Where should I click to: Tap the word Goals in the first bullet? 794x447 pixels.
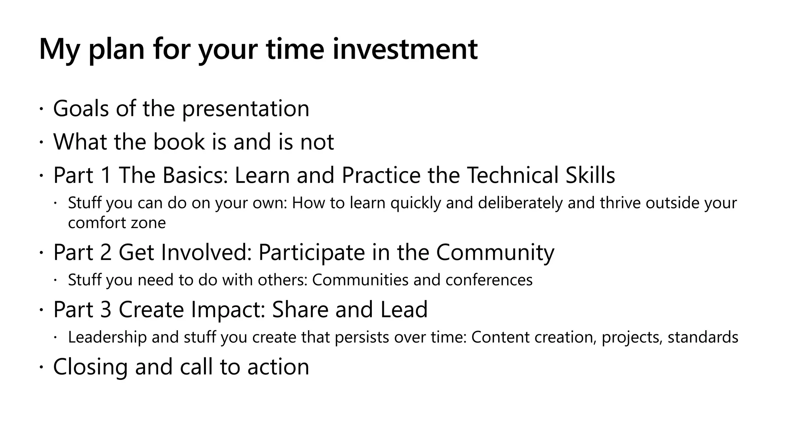(x=81, y=108)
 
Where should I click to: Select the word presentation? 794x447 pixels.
(x=245, y=109)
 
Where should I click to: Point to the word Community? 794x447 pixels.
(x=495, y=252)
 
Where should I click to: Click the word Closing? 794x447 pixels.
(x=90, y=367)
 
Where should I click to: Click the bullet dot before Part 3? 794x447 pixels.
(x=41, y=310)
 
